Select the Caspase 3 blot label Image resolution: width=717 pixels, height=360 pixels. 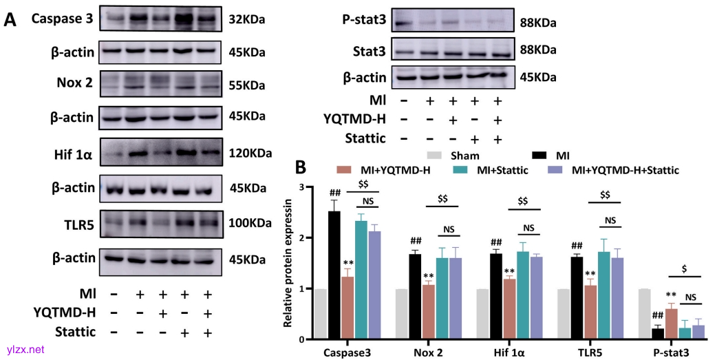click(x=62, y=19)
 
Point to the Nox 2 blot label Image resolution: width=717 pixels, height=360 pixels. click(x=75, y=84)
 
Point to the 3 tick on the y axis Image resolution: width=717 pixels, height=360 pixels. click(x=301, y=187)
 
